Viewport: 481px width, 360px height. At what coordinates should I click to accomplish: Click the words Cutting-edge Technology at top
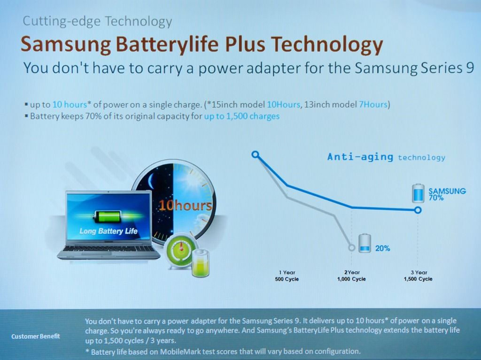(x=97, y=21)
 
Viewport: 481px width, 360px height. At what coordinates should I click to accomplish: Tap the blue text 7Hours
(x=373, y=105)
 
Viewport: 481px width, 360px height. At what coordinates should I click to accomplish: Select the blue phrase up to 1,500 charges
(x=242, y=116)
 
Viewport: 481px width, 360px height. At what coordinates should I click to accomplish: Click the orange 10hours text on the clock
(x=185, y=205)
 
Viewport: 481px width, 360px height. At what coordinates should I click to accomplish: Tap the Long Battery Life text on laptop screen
(x=109, y=231)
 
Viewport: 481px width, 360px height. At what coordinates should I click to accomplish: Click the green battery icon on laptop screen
(x=108, y=216)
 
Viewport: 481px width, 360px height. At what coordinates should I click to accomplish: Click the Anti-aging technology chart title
(x=386, y=157)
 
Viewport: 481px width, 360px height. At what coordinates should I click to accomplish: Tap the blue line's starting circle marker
(x=255, y=154)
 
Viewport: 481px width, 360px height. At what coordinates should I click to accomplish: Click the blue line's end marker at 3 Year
(x=418, y=210)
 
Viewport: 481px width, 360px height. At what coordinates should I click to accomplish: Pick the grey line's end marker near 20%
(x=351, y=247)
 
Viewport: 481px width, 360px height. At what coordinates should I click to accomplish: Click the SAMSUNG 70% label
(x=447, y=194)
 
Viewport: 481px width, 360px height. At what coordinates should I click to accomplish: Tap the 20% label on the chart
(x=382, y=248)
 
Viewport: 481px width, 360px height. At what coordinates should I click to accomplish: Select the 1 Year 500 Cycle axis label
(x=287, y=276)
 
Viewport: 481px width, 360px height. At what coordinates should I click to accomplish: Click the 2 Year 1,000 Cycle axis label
(x=351, y=276)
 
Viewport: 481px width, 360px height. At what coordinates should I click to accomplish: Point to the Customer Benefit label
(x=36, y=337)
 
